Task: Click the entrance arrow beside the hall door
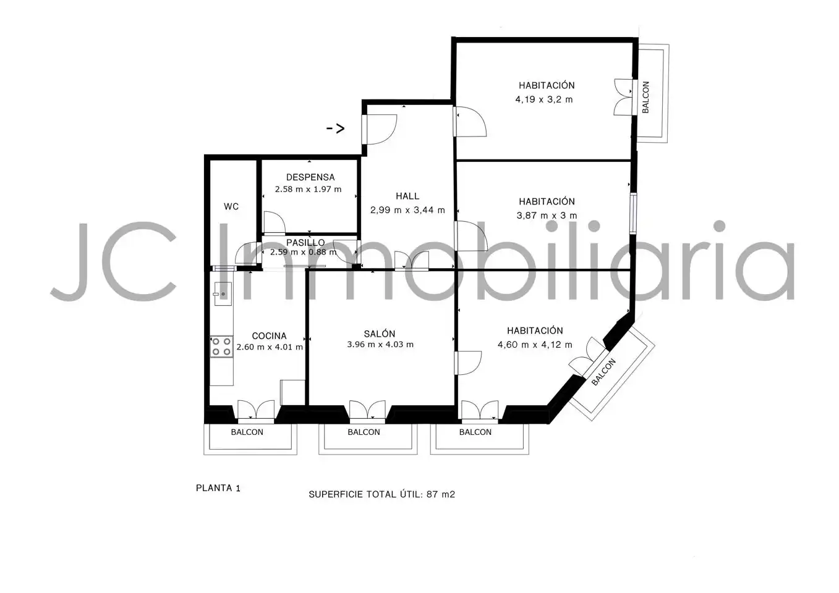pyautogui.click(x=335, y=128)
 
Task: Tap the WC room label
pyautogui.click(x=231, y=206)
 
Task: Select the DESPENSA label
pyautogui.click(x=310, y=177)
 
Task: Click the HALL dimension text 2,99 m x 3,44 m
pyautogui.click(x=407, y=210)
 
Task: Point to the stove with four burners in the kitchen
pyautogui.click(x=221, y=347)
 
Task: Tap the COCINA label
pyautogui.click(x=269, y=336)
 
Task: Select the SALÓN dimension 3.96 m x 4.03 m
pyautogui.click(x=380, y=345)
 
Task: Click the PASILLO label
pyautogui.click(x=305, y=242)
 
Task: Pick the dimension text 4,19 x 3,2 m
pyautogui.click(x=544, y=99)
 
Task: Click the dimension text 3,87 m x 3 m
pyautogui.click(x=547, y=216)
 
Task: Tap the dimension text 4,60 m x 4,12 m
pyautogui.click(x=535, y=345)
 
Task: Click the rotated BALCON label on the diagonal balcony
pyautogui.click(x=603, y=372)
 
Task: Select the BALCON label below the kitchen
pyautogui.click(x=247, y=432)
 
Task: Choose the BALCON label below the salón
pyautogui.click(x=364, y=432)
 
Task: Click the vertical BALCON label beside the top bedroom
pyautogui.click(x=645, y=97)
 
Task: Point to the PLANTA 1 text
pyautogui.click(x=218, y=488)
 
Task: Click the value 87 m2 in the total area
pyautogui.click(x=440, y=494)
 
